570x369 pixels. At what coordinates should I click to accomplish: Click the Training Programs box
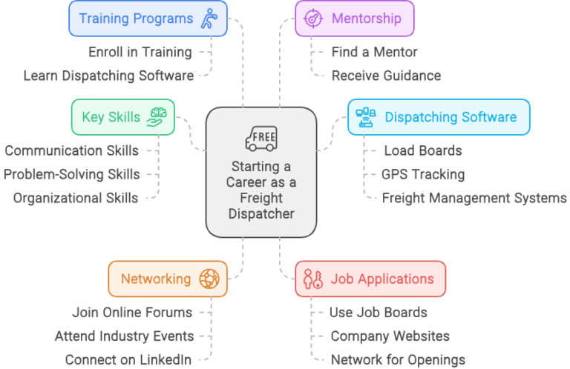148,19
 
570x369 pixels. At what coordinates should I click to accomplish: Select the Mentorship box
355,19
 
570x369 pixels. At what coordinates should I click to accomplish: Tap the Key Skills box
122,117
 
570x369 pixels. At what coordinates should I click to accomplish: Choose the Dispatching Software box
439,117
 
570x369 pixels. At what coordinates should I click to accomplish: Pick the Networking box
168,279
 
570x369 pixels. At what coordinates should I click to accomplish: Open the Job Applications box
370,279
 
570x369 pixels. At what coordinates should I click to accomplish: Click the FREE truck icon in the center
261,139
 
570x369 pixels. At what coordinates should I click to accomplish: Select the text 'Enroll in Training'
140,53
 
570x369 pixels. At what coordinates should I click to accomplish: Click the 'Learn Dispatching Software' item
108,76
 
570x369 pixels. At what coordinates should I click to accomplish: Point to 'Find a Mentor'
374,53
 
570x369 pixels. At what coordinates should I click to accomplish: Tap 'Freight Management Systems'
474,198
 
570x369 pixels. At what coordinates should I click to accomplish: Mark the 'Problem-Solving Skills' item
71,175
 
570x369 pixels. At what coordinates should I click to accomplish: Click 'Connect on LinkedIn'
128,359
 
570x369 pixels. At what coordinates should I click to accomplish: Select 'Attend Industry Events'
124,336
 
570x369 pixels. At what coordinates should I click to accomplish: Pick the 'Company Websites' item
390,336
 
